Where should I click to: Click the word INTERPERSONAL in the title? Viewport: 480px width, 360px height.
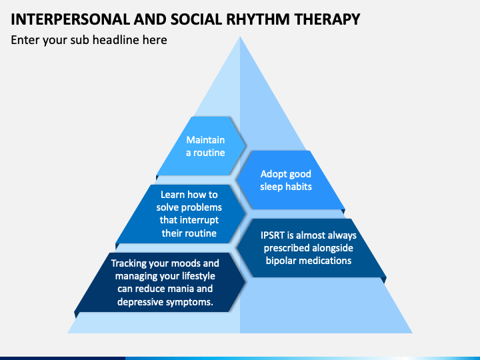[71, 19]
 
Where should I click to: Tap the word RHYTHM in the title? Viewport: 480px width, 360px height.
[258, 19]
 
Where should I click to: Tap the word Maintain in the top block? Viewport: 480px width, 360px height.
[205, 140]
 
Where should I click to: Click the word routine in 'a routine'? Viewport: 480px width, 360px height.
[209, 153]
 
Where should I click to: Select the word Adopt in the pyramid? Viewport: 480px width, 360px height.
[273, 175]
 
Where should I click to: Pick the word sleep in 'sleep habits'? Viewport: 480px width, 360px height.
[271, 187]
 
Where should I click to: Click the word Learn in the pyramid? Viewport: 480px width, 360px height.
[173, 195]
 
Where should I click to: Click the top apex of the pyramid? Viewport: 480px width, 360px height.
[240, 37]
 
